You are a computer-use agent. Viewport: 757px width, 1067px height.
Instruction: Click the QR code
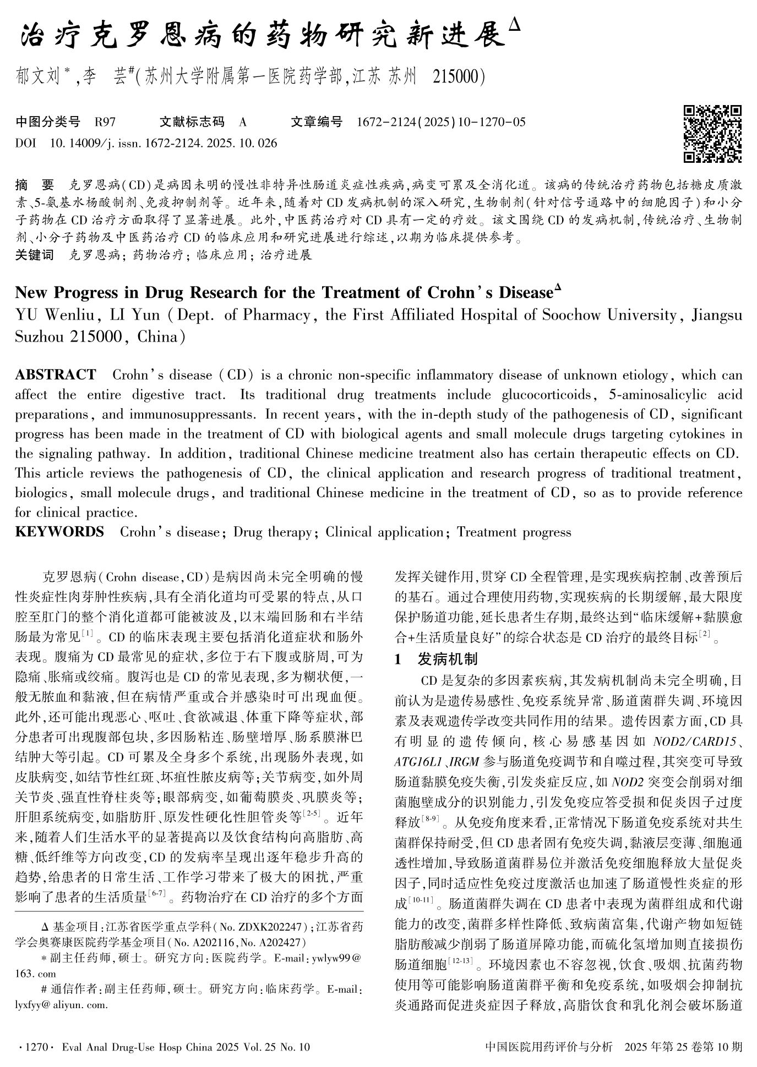click(x=712, y=134)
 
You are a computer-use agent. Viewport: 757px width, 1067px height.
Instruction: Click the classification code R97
click(x=105, y=122)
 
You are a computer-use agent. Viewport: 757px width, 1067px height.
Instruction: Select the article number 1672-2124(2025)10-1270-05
click(x=441, y=122)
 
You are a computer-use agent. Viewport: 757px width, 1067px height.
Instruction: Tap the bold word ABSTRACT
click(x=56, y=375)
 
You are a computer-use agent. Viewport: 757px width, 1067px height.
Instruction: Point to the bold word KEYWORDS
click(x=59, y=532)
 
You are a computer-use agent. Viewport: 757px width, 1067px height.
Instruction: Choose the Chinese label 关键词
click(x=35, y=255)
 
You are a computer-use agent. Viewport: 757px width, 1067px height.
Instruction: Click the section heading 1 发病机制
click(x=437, y=659)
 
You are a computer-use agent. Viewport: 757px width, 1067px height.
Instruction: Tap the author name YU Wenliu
click(x=56, y=315)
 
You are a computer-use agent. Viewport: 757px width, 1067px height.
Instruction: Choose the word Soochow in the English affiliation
click(x=570, y=315)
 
